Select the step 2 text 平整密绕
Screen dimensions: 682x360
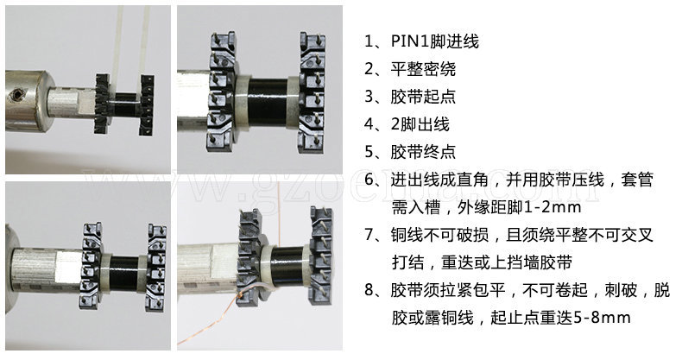click(422, 69)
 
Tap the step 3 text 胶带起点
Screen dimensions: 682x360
click(422, 97)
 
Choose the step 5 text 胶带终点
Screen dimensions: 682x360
click(422, 152)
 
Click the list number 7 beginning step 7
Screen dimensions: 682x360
click(371, 235)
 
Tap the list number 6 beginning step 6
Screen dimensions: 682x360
click(371, 180)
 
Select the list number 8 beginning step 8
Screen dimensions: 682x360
click(371, 290)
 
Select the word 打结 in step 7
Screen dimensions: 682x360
click(407, 262)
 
